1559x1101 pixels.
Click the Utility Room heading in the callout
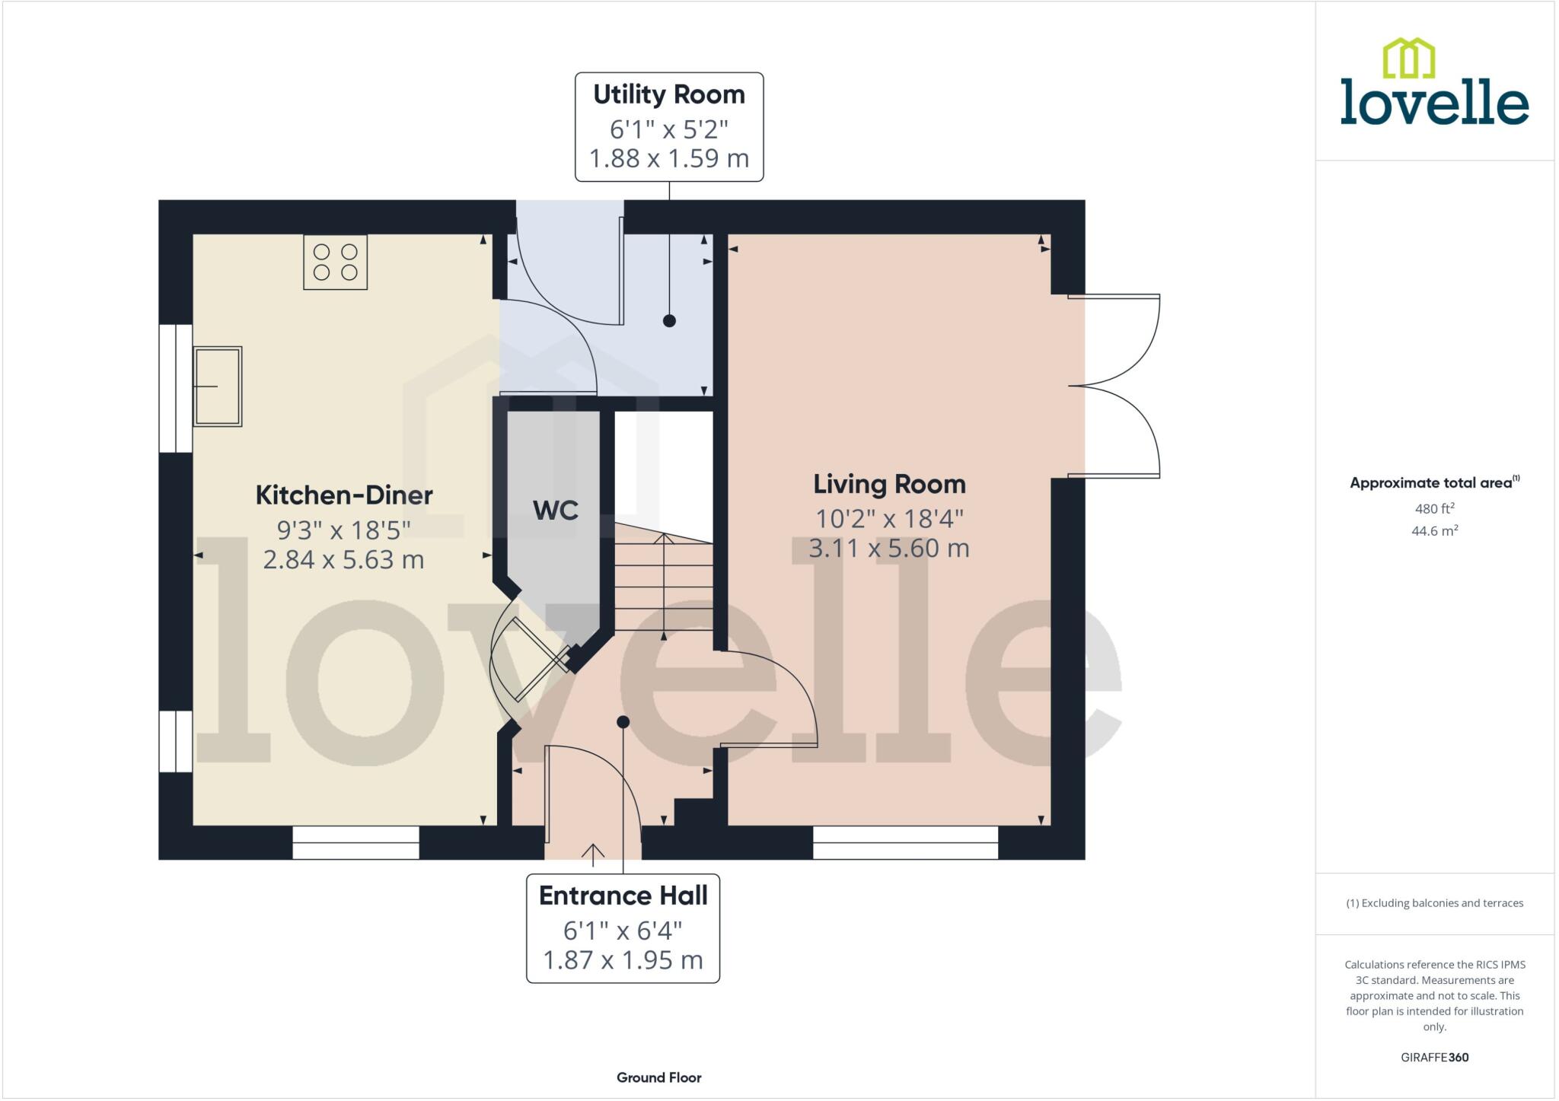tap(668, 94)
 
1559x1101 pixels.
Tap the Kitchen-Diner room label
tap(344, 495)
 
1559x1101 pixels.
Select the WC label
tap(556, 510)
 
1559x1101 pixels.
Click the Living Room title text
tap(889, 484)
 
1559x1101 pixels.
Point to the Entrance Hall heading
tap(623, 896)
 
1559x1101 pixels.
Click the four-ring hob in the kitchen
tap(335, 262)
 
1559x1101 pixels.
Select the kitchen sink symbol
tap(218, 387)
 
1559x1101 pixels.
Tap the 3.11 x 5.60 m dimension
tap(889, 548)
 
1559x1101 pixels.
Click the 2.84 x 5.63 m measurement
tap(344, 560)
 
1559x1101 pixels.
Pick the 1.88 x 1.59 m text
tap(668, 158)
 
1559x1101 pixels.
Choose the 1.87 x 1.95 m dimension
tap(623, 960)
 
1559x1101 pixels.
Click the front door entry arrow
tap(593, 854)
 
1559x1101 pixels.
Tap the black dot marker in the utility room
tap(669, 320)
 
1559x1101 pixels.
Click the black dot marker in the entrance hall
tap(623, 721)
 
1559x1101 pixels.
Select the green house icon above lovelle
tap(1408, 59)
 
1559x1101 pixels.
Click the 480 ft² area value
tap(1434, 508)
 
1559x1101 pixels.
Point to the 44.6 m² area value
tap(1434, 531)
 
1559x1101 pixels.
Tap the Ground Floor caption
tap(658, 1077)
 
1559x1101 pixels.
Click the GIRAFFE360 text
tap(1434, 1058)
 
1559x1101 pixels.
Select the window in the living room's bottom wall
tap(905, 842)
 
